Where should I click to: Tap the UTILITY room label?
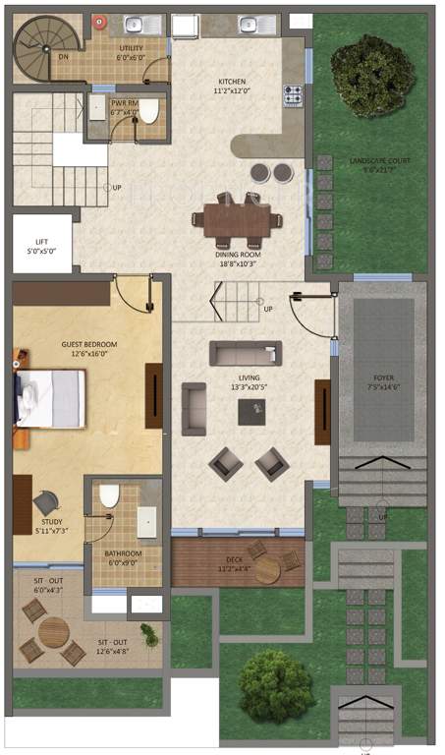point(131,52)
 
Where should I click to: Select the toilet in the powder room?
point(148,113)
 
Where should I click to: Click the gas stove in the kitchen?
point(293,96)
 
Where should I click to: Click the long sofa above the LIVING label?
point(245,353)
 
